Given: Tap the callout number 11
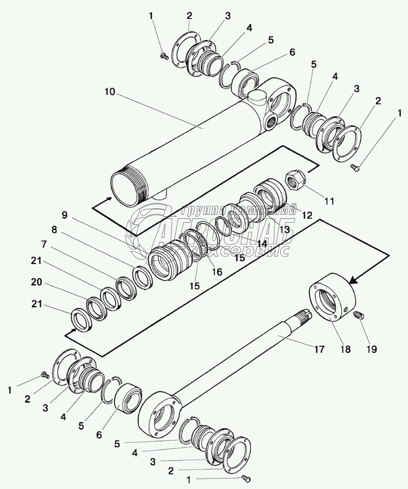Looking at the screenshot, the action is (330, 201).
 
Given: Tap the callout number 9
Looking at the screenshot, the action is (65, 215).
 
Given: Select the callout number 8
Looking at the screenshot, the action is (54, 230).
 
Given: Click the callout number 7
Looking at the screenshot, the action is (44, 245).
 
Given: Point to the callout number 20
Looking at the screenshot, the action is (37, 282).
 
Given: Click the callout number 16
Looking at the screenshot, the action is (217, 272).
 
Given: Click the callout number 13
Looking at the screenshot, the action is (285, 230).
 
